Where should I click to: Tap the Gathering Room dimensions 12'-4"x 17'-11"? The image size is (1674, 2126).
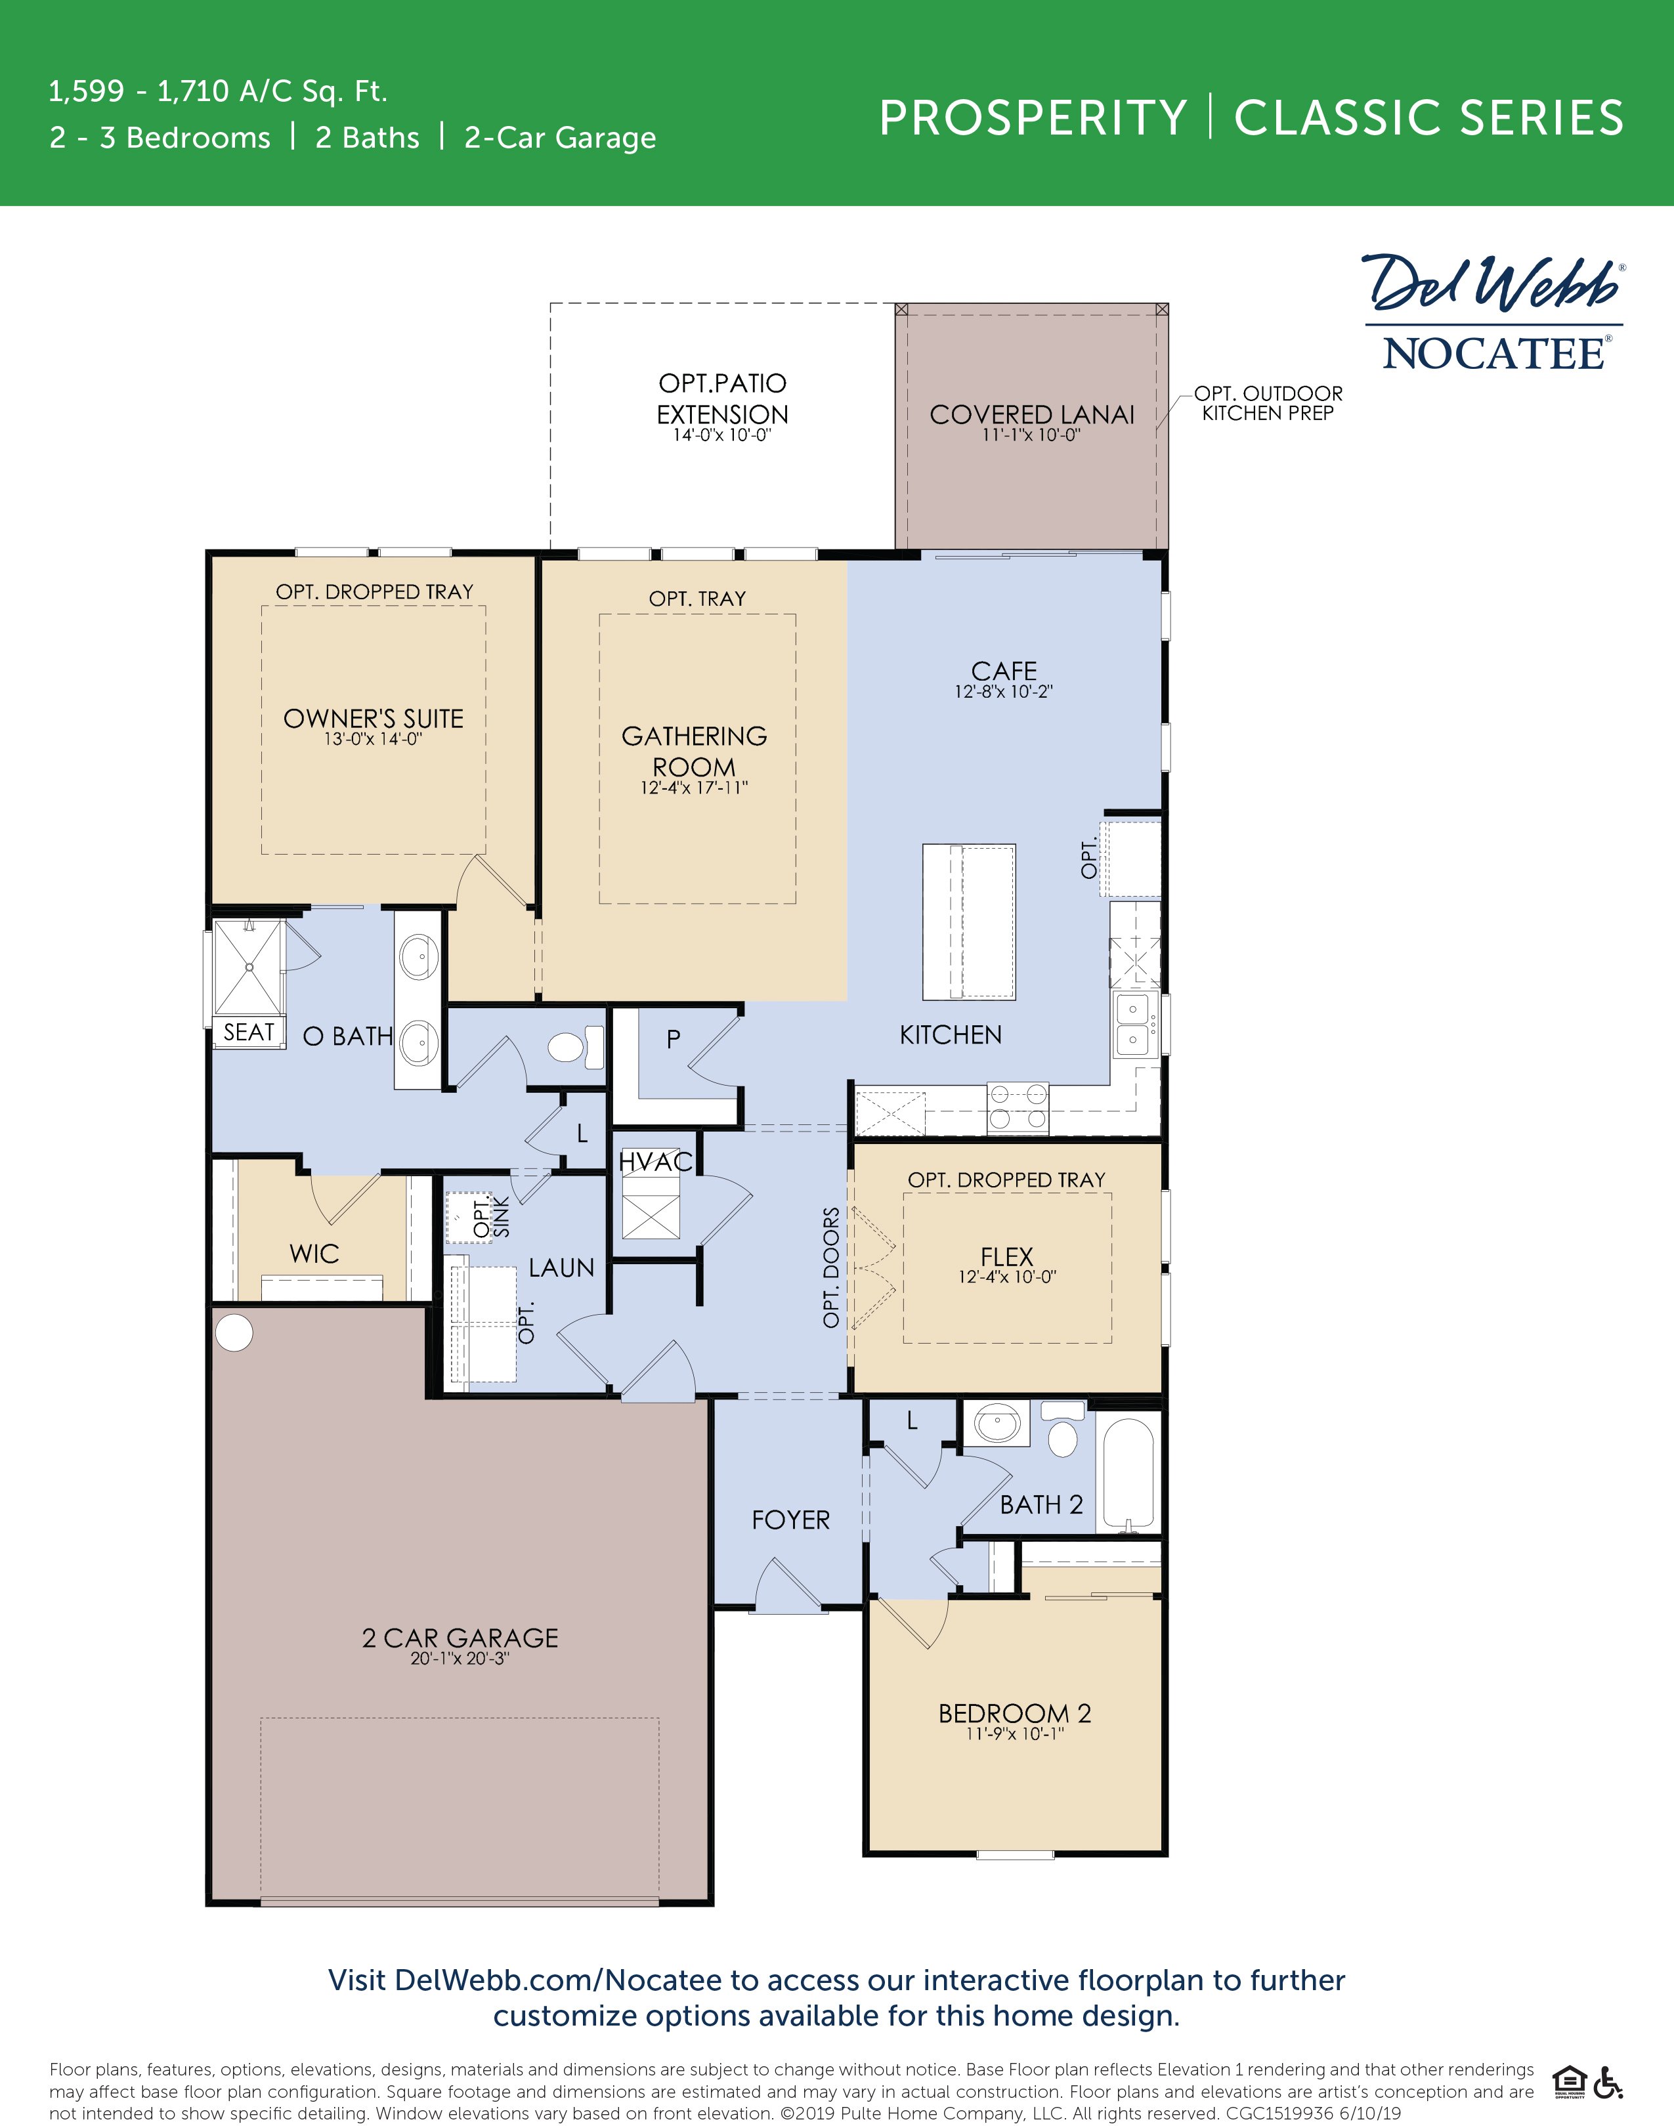694,788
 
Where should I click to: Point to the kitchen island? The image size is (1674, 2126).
968,921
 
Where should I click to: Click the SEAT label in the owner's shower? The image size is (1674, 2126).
248,1032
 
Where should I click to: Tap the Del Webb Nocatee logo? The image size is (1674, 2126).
1493,314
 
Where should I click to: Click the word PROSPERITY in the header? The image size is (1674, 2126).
1032,119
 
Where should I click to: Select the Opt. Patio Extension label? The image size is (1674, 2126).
722,398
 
